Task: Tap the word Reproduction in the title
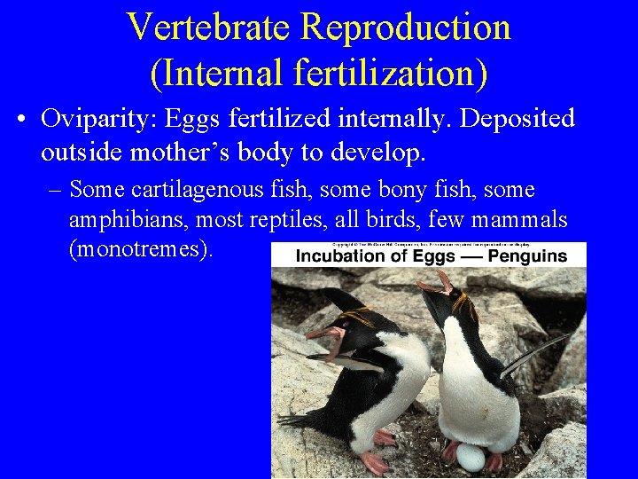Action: (406, 27)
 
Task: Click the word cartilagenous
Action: (219, 190)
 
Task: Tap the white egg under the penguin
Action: (471, 458)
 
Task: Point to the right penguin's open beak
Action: (432, 283)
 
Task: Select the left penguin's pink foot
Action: (376, 462)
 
